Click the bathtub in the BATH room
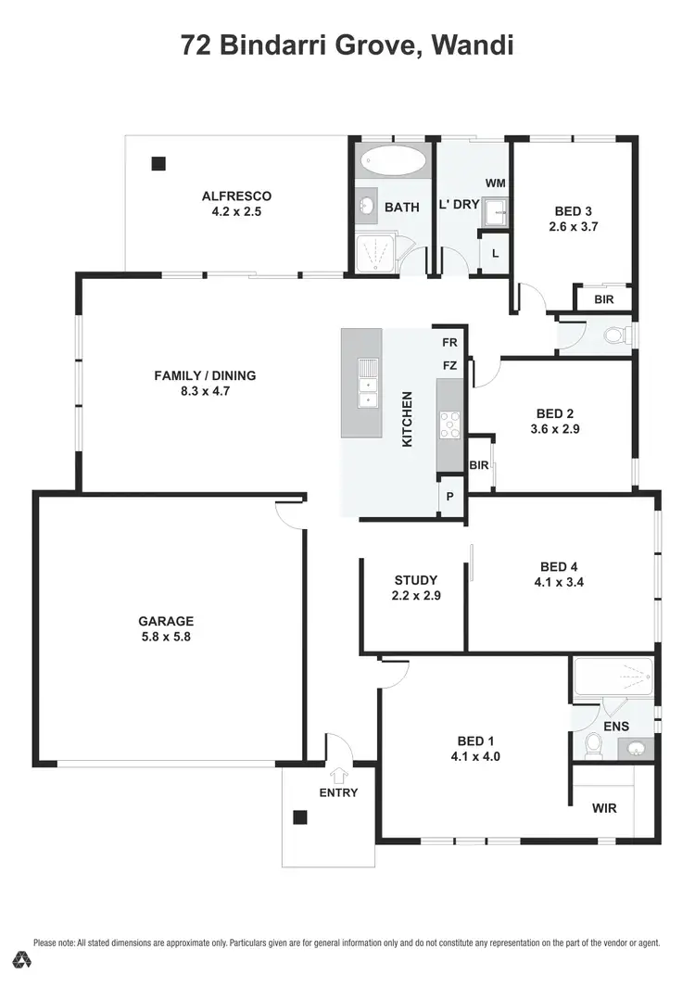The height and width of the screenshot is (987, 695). click(393, 160)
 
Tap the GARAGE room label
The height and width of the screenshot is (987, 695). click(166, 621)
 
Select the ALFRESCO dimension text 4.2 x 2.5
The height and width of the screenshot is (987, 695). click(236, 211)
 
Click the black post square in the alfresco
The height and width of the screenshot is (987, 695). click(158, 163)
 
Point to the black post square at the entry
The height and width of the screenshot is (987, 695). click(299, 816)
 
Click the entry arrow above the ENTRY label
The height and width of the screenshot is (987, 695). click(338, 775)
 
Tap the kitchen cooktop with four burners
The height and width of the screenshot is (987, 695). click(449, 424)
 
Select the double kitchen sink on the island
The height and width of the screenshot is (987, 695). click(368, 382)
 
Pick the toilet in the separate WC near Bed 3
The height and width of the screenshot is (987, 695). click(614, 335)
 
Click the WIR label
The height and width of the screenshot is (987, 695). click(604, 807)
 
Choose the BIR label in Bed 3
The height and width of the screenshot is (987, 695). click(604, 300)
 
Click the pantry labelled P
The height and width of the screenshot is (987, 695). click(450, 497)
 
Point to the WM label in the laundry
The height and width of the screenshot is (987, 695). click(495, 183)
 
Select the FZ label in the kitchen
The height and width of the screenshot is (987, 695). click(449, 365)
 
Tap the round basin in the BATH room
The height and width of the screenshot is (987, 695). click(366, 206)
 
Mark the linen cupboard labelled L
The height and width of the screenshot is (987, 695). click(495, 253)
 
